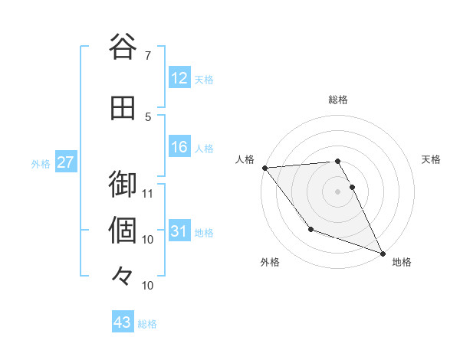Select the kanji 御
coord(123,185)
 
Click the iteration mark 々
coord(123,276)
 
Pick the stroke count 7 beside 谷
coord(148,56)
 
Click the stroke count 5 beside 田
coord(148,116)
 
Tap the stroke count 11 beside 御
coord(148,193)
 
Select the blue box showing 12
coord(179,78)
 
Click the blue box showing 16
coord(179,148)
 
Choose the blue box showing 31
coord(179,232)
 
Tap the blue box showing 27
coord(65,162)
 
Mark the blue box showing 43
coord(123,322)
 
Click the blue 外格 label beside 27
coord(40,163)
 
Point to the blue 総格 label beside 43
coord(147,324)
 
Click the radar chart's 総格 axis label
coord(338,100)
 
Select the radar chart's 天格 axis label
coord(432,159)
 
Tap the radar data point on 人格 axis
coord(264,168)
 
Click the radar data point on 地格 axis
coord(383,253)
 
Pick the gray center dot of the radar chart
coord(338,191)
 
